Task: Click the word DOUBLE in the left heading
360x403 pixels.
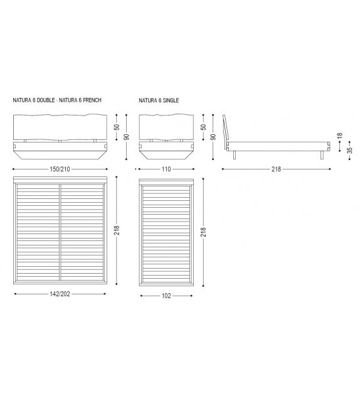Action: [x=46, y=100]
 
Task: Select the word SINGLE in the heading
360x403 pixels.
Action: [x=171, y=100]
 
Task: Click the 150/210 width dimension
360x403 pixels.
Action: [x=60, y=169]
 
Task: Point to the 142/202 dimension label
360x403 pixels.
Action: [x=60, y=294]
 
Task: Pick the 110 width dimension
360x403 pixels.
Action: [x=166, y=169]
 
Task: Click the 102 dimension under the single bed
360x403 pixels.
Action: [x=166, y=296]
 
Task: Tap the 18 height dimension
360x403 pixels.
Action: [x=340, y=136]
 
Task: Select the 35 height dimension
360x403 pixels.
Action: [x=349, y=150]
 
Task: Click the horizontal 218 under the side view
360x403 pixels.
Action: [x=277, y=169]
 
